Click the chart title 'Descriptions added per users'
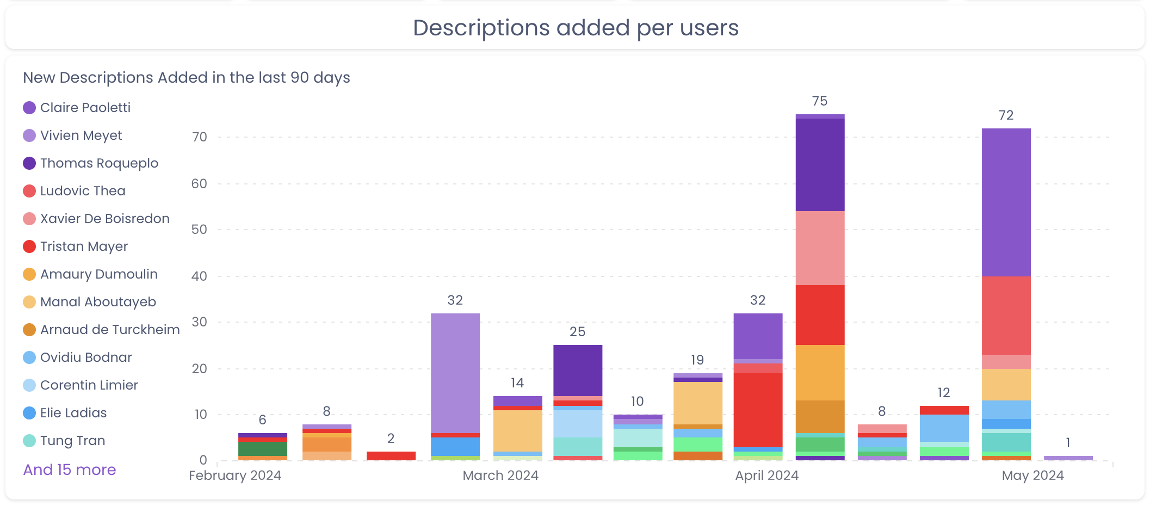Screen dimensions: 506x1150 576,28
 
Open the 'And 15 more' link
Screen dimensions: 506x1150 70,470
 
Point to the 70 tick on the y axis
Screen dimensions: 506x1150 200,137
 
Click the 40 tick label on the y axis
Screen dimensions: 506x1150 199,276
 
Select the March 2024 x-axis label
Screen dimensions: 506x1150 500,476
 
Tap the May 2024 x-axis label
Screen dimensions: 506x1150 1032,476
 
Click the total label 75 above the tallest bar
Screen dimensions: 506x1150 819,101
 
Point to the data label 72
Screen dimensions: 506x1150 1006,115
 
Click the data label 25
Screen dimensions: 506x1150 577,332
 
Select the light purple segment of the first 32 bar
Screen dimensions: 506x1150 455,373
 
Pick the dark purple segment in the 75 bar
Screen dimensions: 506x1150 820,164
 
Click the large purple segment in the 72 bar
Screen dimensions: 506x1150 1006,202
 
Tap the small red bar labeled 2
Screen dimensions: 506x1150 391,456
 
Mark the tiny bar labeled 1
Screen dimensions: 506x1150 1068,458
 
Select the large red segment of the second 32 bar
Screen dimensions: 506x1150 758,410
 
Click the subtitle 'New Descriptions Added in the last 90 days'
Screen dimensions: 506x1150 187,78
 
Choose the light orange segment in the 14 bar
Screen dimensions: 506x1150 517,430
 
